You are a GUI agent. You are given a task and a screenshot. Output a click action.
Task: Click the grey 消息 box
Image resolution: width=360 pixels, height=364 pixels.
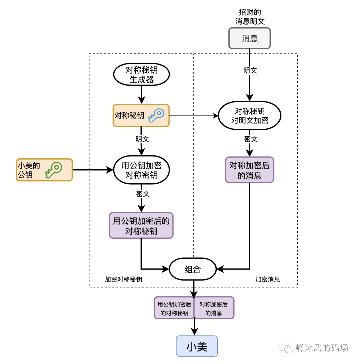coord(249,38)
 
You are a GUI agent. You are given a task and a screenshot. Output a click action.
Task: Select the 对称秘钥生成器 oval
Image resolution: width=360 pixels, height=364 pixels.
coord(141,75)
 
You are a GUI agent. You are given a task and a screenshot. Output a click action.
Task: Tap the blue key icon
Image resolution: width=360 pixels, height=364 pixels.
coord(156,115)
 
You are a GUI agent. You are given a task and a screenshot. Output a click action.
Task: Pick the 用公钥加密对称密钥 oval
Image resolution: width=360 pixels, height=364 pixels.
coord(141,170)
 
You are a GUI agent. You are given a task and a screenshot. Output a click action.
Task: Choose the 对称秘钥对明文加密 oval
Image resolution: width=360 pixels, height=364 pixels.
coord(249,116)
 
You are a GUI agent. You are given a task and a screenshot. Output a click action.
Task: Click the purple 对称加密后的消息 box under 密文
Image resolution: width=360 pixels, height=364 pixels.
coord(249,170)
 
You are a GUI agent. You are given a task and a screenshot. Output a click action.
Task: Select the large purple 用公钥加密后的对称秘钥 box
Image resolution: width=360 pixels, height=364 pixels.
coord(141,225)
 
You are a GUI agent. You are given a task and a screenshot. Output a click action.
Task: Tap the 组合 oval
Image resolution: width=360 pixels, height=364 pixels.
coord(193,269)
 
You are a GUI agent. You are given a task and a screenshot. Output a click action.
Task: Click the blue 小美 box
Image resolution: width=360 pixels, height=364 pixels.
coord(197,347)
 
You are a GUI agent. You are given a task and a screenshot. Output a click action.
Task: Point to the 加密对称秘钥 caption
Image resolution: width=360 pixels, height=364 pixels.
coord(123,280)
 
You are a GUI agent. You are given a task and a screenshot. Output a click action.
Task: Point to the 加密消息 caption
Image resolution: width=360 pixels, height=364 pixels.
coord(268,280)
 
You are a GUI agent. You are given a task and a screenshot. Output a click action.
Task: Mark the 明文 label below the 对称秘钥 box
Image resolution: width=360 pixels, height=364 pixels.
coord(142,139)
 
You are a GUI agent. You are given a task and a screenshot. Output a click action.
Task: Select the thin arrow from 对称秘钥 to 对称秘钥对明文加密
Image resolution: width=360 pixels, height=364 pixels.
coord(193,116)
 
